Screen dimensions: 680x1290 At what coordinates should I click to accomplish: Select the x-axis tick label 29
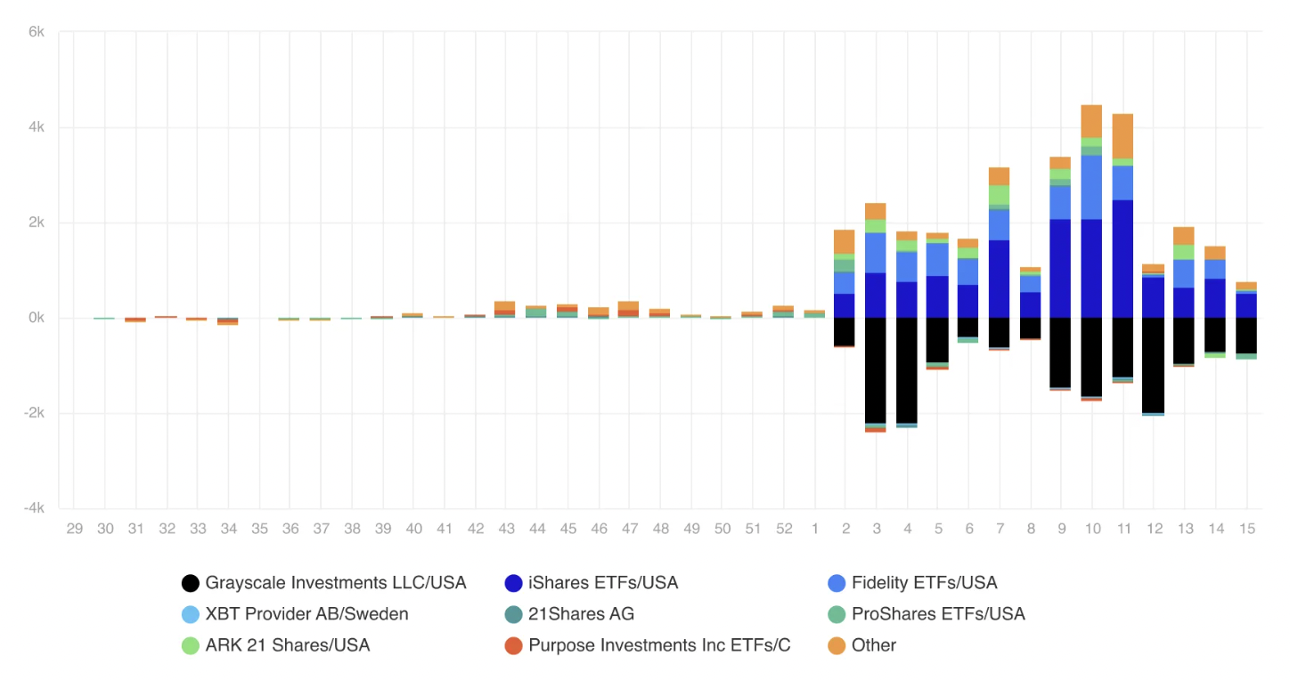pyautogui.click(x=75, y=529)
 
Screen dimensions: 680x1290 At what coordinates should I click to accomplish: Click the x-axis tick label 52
pyautogui.click(x=783, y=529)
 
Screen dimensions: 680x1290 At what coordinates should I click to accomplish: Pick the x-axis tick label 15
pyautogui.click(x=1246, y=529)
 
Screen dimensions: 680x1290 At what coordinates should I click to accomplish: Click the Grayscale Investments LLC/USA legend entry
pyautogui.click(x=335, y=583)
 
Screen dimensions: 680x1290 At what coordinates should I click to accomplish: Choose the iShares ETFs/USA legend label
pyautogui.click(x=603, y=583)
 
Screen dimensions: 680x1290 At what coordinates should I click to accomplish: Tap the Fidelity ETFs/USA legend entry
pyautogui.click(x=924, y=583)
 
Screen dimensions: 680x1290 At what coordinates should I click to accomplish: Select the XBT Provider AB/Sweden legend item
pyautogui.click(x=306, y=614)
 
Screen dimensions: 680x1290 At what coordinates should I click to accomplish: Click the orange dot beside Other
pyautogui.click(x=837, y=645)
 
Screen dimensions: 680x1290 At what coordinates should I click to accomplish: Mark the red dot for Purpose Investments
pyautogui.click(x=513, y=645)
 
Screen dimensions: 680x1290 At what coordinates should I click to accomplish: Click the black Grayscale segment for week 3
pyautogui.click(x=876, y=370)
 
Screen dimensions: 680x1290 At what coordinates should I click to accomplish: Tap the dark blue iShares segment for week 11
pyautogui.click(x=1123, y=258)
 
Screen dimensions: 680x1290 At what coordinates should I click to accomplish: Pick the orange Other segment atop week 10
pyautogui.click(x=1091, y=121)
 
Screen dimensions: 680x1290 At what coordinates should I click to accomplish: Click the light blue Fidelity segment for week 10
pyautogui.click(x=1091, y=187)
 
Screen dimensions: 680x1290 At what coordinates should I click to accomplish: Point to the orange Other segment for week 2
pyautogui.click(x=845, y=241)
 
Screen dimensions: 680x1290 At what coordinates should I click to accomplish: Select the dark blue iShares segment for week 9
pyautogui.click(x=1060, y=268)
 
